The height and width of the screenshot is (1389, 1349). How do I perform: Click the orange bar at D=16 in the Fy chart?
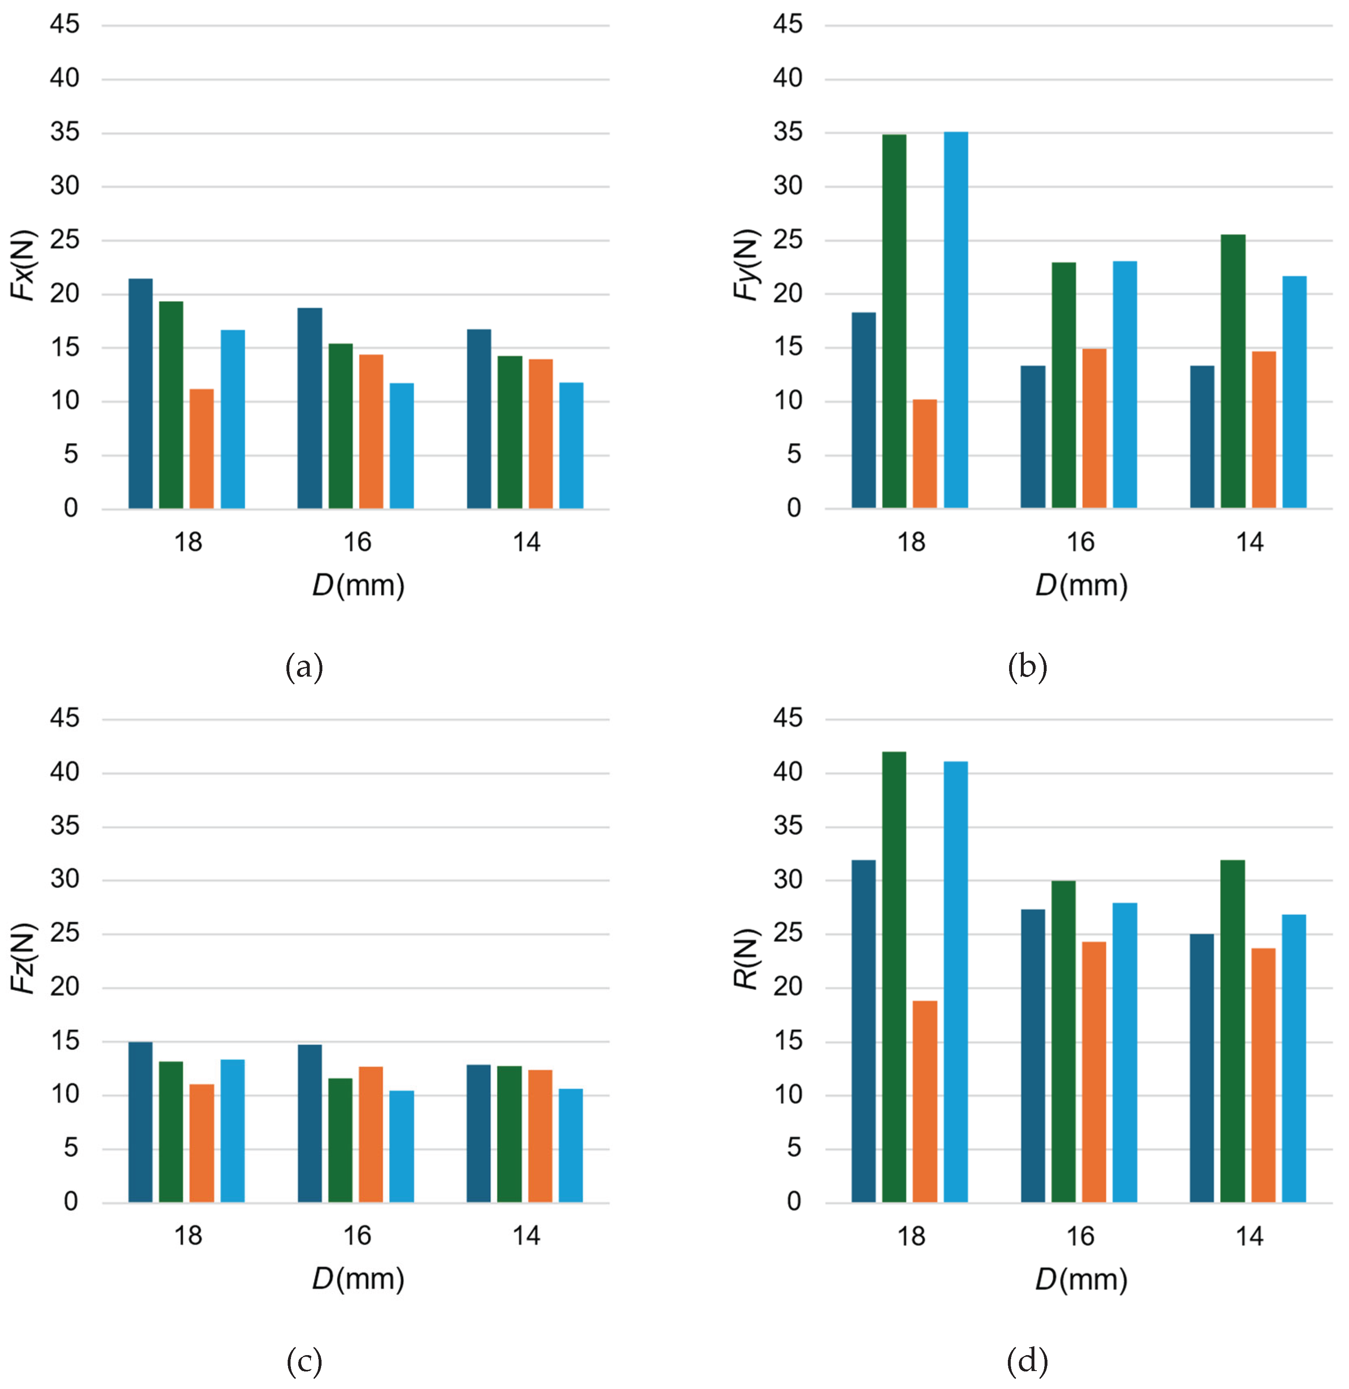click(x=1094, y=429)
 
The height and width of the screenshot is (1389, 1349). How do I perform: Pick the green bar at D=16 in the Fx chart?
click(x=340, y=426)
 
